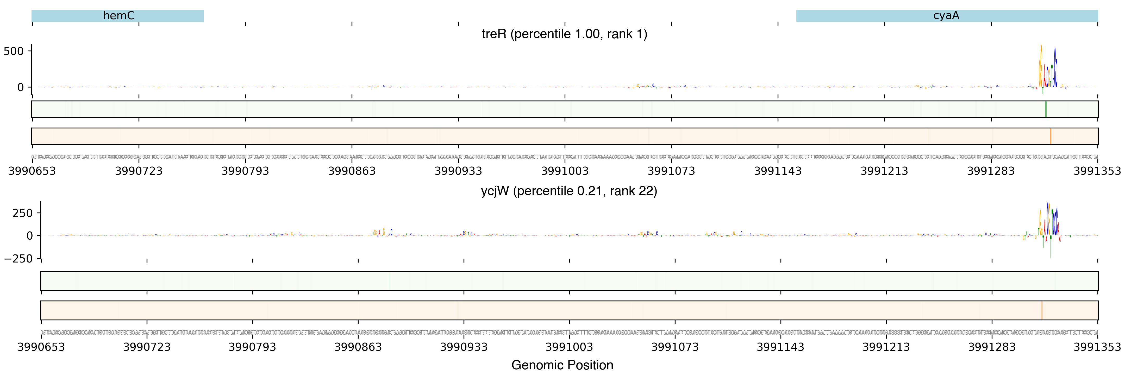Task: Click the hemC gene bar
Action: coord(118,16)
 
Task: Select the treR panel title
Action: coord(564,34)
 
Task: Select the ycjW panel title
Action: coord(568,191)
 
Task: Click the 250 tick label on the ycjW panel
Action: coord(22,213)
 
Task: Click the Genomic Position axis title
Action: coord(562,365)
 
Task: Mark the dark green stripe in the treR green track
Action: coord(1046,109)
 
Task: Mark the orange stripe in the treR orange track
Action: coord(1050,136)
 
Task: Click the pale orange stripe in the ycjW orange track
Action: coord(1042,310)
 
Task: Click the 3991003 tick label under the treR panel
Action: coord(565,171)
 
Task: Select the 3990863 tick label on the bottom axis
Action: coord(358,347)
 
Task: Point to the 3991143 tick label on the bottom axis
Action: coord(780,347)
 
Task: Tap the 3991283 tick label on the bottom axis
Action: coord(992,347)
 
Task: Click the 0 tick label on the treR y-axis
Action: coord(21,87)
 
